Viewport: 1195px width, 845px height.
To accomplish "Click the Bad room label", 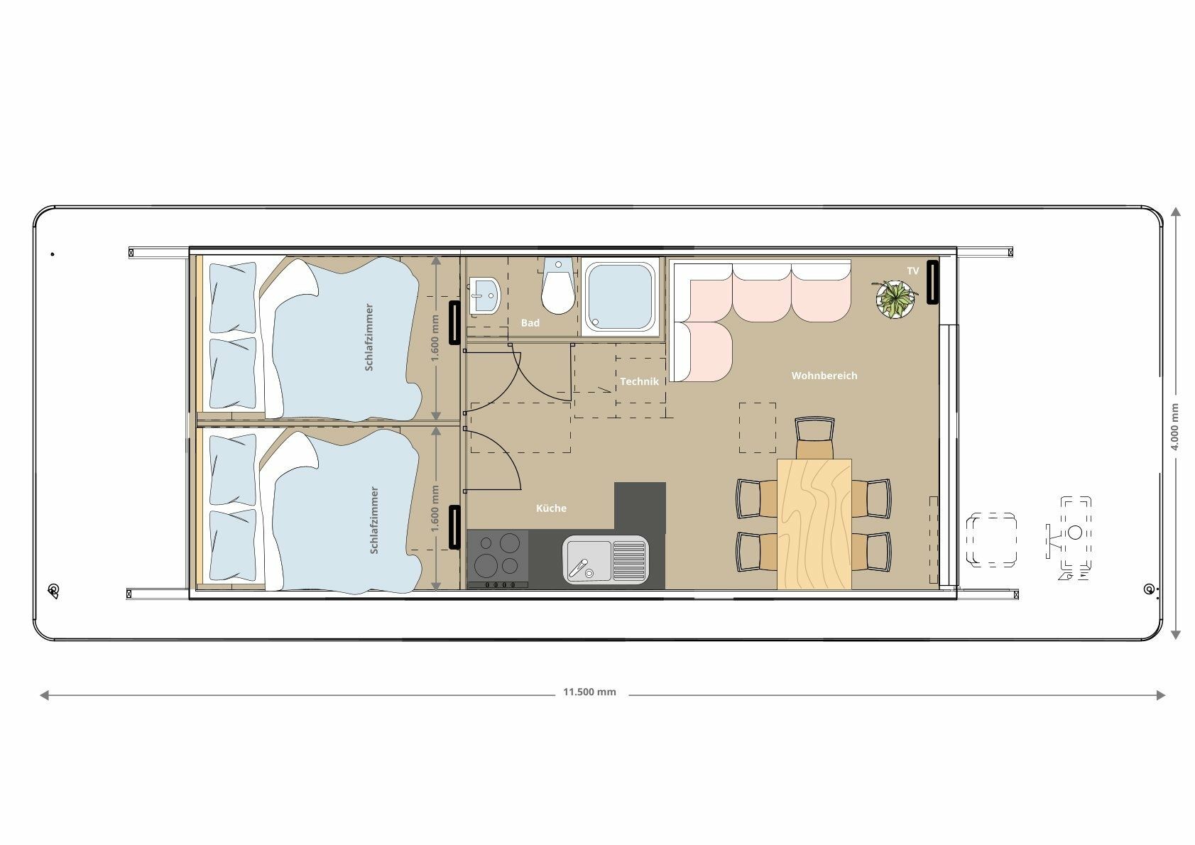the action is pyautogui.click(x=530, y=323).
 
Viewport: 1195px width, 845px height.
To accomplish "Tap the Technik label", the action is pyautogui.click(x=639, y=381).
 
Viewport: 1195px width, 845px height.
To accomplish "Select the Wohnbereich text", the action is pyautogui.click(x=824, y=376).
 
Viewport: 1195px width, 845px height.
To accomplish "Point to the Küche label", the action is pyautogui.click(x=551, y=508).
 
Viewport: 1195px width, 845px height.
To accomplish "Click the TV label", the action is pyautogui.click(x=913, y=271).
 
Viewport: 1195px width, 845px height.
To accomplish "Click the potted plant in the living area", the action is pyautogui.click(x=895, y=299).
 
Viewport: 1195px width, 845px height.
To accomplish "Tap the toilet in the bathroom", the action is pyautogui.click(x=558, y=286).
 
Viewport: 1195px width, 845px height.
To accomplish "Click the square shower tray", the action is pyautogui.click(x=620, y=297).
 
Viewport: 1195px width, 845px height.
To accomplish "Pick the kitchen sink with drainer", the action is pyautogui.click(x=606, y=560).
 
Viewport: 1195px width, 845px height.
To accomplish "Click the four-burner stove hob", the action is pyautogui.click(x=498, y=559).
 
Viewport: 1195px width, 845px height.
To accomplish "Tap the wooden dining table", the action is pyautogui.click(x=814, y=524).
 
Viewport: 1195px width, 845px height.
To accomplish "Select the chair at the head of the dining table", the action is pyautogui.click(x=814, y=437).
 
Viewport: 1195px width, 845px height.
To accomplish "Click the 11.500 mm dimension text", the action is pyautogui.click(x=589, y=692).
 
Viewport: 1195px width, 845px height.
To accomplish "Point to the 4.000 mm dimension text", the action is pyautogui.click(x=1174, y=427).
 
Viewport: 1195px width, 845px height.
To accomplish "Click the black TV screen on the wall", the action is pyautogui.click(x=932, y=282).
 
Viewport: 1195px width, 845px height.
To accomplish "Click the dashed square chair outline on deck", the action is pyautogui.click(x=991, y=540).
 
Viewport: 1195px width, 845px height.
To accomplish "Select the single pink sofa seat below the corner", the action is pyautogui.click(x=704, y=351).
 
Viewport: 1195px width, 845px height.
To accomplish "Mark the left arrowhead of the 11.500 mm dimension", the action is pyautogui.click(x=44, y=695).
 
